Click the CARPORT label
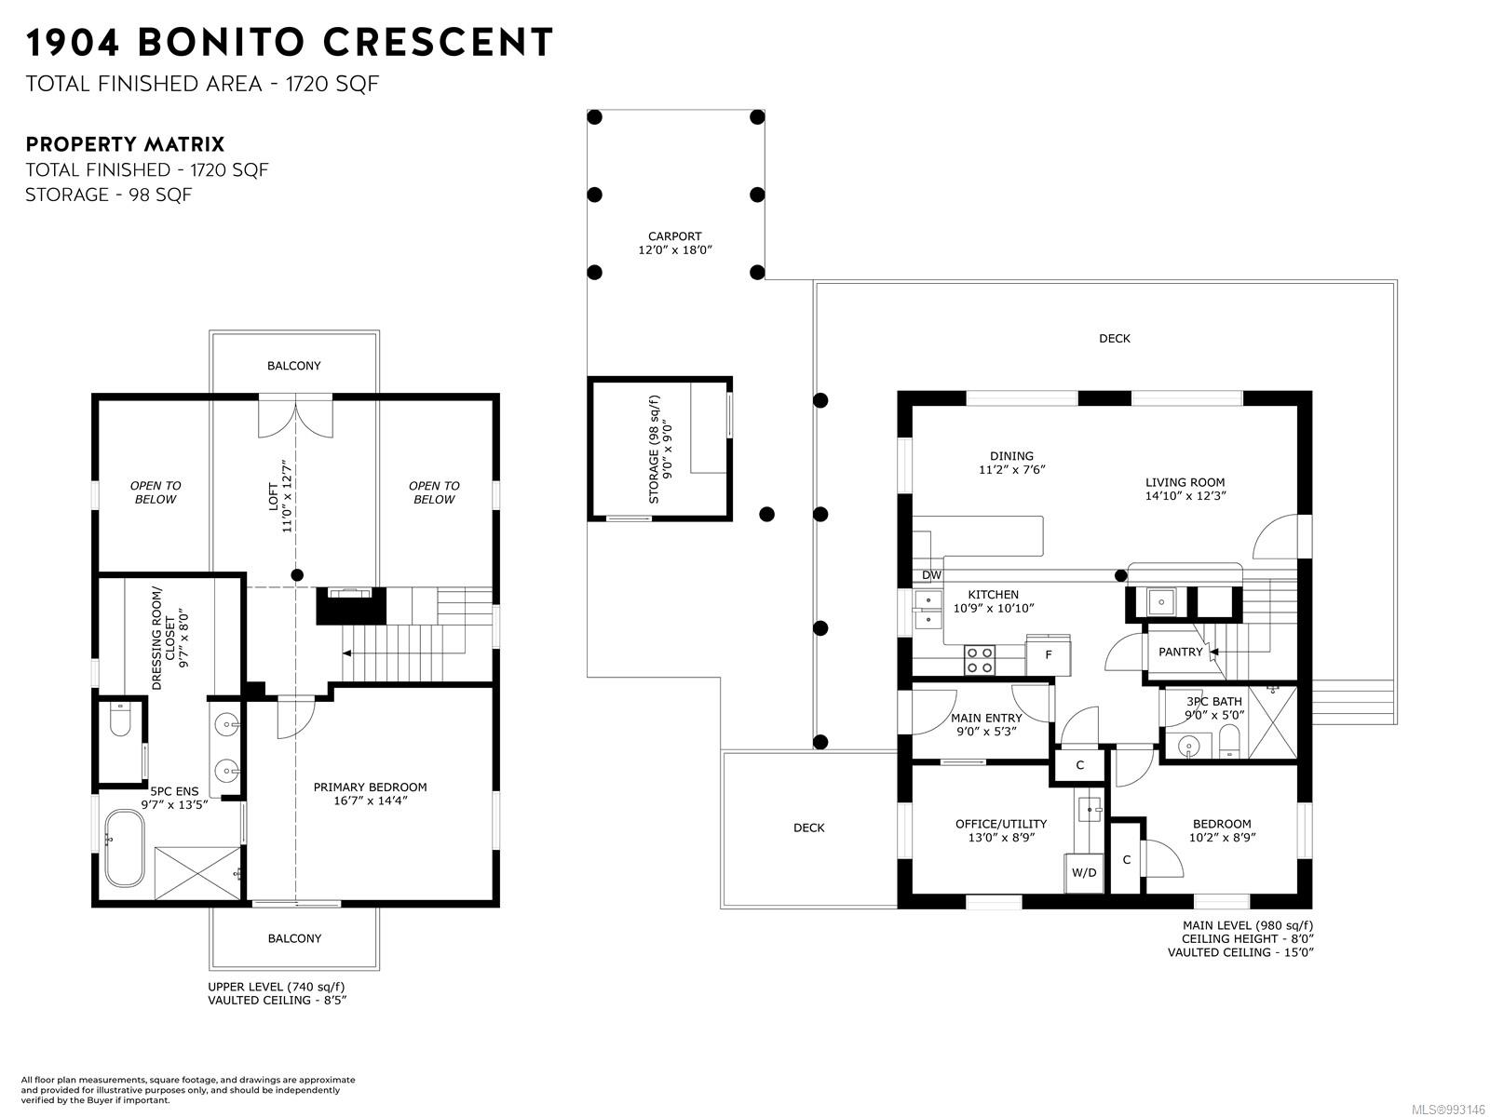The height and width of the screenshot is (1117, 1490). pos(674,236)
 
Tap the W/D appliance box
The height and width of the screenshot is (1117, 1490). pos(1083,872)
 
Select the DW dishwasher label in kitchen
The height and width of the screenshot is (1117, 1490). pos(931,575)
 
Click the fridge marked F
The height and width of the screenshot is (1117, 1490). pos(1048,654)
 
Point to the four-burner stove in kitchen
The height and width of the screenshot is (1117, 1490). pos(979,660)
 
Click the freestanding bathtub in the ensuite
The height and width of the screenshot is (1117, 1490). pos(124,849)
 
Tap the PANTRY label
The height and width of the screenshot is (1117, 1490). pos(1181,652)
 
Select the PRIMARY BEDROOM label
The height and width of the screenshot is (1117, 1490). pos(370,787)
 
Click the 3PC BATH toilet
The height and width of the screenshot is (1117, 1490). pos(1229,741)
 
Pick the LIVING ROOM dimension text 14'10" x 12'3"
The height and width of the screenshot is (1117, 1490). pos(1185,496)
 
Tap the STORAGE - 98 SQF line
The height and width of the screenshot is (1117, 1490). pos(109,195)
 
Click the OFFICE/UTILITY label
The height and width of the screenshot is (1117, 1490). pos(1000,824)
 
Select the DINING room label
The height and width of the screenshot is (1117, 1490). pos(1011,456)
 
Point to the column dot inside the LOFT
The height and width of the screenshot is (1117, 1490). pos(297,575)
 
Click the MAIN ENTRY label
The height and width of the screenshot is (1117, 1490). pos(986,719)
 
